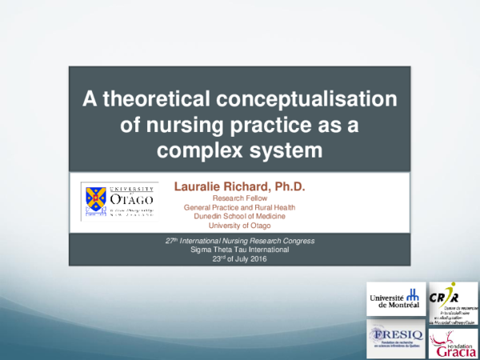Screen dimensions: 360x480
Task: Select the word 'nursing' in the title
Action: point(213,125)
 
